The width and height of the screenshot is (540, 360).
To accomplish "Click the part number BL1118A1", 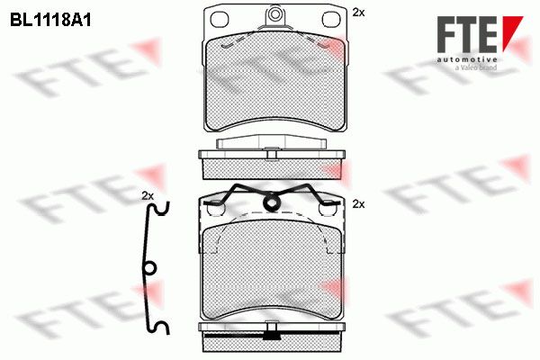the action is tap(50, 20).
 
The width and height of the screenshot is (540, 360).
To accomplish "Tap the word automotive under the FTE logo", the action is tap(467, 59).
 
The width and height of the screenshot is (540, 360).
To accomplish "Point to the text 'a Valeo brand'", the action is tap(476, 67).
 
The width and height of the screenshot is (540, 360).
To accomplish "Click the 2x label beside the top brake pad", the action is tap(358, 13).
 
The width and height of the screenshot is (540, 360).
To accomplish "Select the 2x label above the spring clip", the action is tap(148, 196).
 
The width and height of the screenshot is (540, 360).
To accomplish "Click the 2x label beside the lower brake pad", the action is tap(358, 204).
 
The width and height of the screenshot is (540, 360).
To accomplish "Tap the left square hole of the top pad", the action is tap(220, 20).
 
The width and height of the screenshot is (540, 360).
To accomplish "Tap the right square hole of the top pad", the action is tap(330, 20).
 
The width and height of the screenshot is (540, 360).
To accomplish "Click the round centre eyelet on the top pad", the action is tap(274, 14).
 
